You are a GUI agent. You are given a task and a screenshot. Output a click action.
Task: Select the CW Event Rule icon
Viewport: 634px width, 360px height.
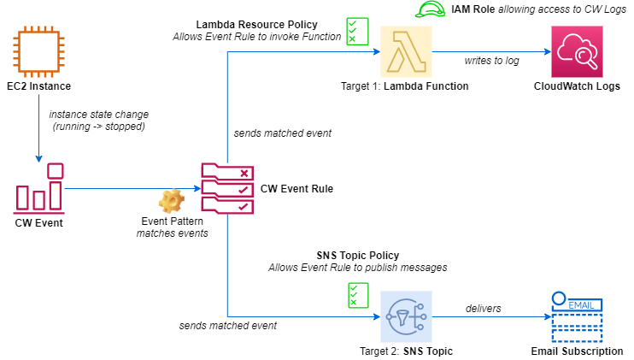click(x=226, y=187)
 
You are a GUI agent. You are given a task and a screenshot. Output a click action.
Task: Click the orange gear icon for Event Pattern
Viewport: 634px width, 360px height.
click(x=172, y=202)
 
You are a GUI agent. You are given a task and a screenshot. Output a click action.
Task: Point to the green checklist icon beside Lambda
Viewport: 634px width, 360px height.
click(x=356, y=31)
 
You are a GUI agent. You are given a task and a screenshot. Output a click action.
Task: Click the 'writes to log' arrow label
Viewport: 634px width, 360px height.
click(x=491, y=61)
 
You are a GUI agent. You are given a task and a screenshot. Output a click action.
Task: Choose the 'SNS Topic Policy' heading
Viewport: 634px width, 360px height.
click(x=357, y=255)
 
